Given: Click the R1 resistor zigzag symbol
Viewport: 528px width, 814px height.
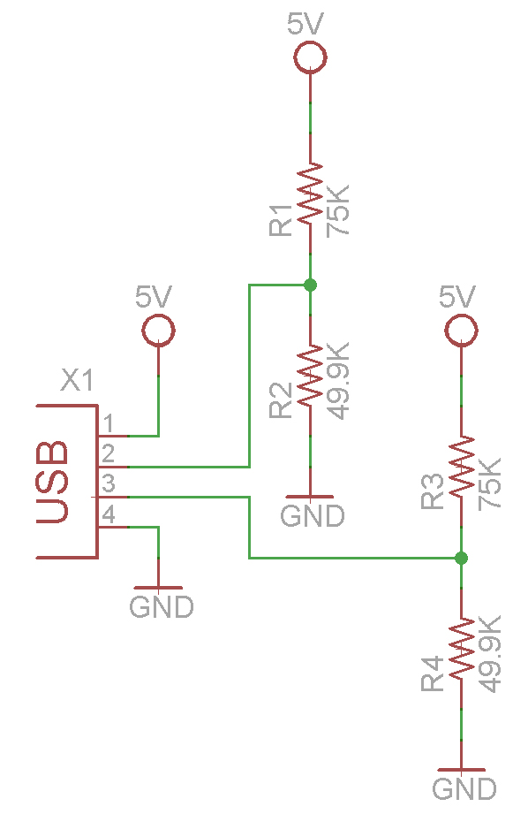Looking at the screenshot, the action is (x=310, y=194).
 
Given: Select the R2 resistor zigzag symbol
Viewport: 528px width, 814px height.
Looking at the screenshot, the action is (x=310, y=376).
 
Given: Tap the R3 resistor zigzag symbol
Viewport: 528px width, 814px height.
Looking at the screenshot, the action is (x=461, y=466).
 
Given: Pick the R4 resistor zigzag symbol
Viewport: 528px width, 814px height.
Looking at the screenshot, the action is (x=461, y=648).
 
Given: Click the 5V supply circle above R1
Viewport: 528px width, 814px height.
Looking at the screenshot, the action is (x=310, y=57).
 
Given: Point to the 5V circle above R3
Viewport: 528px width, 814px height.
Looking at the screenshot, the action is (x=461, y=331).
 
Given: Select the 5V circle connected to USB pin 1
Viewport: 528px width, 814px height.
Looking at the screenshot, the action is (x=158, y=331).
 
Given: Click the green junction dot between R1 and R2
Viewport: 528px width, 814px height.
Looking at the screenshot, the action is (x=310, y=285).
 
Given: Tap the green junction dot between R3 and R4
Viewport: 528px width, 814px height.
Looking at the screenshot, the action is (x=461, y=558).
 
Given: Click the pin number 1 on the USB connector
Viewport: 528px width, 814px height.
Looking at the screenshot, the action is (x=108, y=423).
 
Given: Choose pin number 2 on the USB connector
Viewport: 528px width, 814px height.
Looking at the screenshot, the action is (x=108, y=454).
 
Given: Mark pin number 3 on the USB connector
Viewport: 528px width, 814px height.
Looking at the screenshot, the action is (x=108, y=483).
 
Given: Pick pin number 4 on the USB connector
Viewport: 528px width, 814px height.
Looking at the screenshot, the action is (x=108, y=514).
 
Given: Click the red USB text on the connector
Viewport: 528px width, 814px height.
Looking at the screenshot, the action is (x=52, y=482).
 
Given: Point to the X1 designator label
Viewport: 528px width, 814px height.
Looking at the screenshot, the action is (x=78, y=380).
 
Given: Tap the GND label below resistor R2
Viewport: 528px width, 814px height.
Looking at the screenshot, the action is (x=313, y=516).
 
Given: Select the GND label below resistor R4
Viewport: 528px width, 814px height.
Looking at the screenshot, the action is (x=464, y=789).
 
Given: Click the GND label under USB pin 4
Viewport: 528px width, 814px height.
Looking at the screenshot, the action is (x=162, y=607).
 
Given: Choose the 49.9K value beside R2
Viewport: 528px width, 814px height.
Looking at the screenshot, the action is (x=338, y=381).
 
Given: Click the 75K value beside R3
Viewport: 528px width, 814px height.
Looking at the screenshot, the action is (x=489, y=483).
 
